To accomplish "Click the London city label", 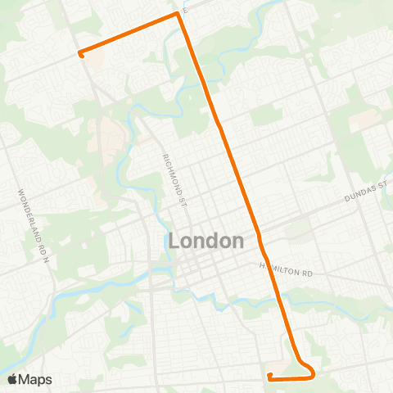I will point(206,242).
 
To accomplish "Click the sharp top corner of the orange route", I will point(178,14).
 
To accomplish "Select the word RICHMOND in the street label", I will point(171,171).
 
